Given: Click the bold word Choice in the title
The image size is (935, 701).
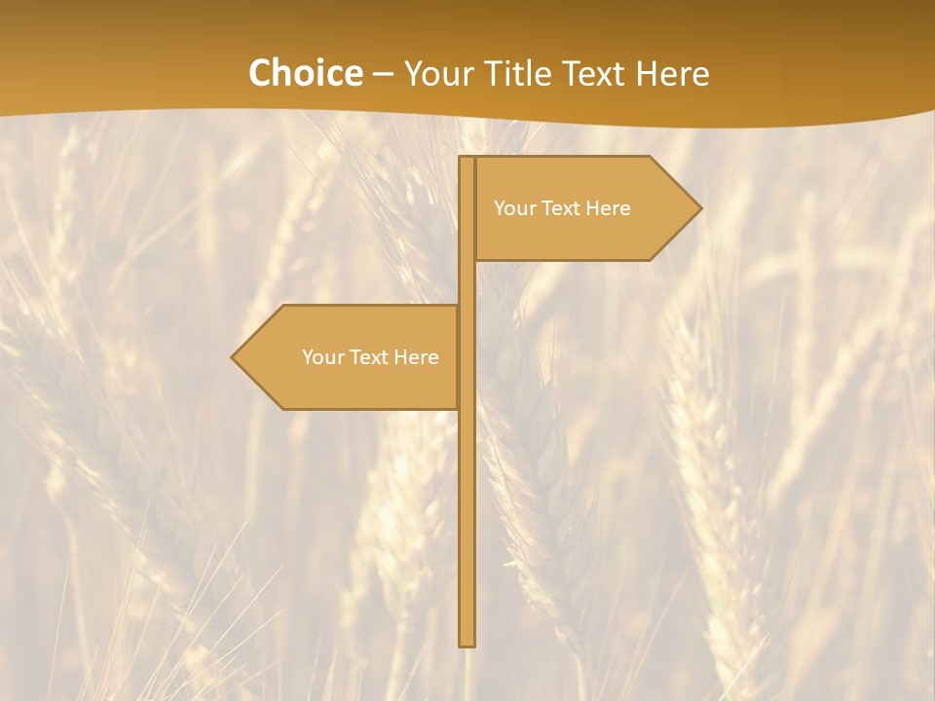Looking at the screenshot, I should (304, 73).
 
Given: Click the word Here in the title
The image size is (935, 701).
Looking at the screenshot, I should (676, 73).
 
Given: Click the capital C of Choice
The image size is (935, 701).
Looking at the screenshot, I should (260, 73).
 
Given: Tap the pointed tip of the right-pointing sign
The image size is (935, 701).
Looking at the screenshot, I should (699, 207).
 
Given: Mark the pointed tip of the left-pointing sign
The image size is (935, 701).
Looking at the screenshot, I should (234, 357).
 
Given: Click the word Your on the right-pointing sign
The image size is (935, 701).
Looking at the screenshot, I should (513, 208).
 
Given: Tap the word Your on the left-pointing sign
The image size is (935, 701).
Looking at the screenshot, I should (321, 357).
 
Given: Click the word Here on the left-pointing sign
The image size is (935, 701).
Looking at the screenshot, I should (417, 357).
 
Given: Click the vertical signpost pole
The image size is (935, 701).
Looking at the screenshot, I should (467, 487).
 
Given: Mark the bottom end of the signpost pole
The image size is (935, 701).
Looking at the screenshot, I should (467, 643).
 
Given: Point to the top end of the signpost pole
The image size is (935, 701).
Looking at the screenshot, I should (467, 160).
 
